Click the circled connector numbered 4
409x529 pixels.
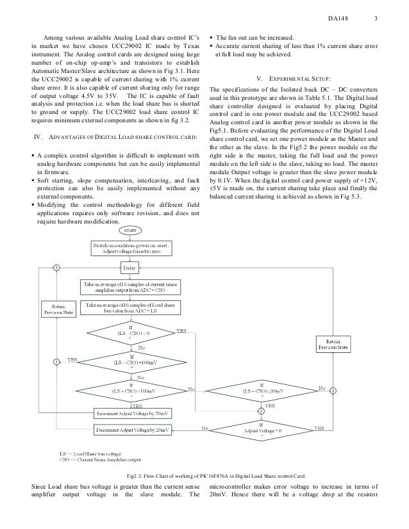click(x=56, y=268)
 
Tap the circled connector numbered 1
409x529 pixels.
click(x=56, y=362)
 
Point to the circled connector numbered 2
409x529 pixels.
click(x=261, y=411)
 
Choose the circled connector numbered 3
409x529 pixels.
click(x=333, y=391)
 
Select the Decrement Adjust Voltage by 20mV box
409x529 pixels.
click(x=133, y=428)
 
